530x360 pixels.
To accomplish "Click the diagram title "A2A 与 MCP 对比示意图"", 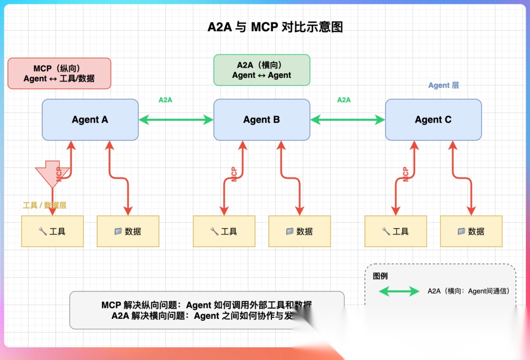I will (275, 27).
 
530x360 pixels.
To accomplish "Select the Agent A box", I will (90, 120).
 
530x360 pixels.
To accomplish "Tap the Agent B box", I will (262, 120).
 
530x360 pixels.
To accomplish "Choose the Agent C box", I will (433, 120).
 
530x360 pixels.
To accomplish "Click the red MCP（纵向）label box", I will (59, 74).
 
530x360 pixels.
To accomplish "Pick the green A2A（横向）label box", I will (262, 70).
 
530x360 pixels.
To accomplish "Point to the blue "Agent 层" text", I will (444, 85).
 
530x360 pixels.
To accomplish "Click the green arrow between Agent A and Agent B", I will (176, 119).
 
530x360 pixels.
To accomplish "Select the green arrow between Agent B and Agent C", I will (347, 119).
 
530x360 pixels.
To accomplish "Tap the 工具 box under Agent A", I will (53, 231).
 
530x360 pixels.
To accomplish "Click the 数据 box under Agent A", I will (128, 231).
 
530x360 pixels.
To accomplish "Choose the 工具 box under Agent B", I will (224, 231).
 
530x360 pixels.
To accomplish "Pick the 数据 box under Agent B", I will (299, 231).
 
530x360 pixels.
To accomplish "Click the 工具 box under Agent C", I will (396, 231).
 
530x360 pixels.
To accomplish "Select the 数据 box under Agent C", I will (471, 231).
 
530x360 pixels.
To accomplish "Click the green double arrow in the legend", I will (399, 291).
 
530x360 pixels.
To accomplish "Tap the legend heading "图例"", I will (380, 276).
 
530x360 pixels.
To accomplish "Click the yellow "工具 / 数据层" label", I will (45, 205).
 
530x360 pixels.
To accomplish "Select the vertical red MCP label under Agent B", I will (234, 174).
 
